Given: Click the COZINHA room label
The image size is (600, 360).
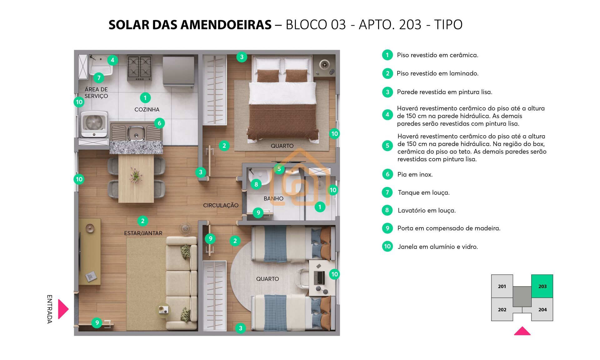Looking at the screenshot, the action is [147, 109].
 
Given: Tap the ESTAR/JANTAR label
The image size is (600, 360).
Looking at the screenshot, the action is [143, 233].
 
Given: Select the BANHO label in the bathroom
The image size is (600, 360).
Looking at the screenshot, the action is [273, 198].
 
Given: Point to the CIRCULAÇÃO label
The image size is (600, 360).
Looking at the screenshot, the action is [221, 205].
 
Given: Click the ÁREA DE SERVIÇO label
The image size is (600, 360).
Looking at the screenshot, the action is [96, 93].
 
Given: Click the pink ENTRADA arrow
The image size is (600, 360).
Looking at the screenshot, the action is [63, 309].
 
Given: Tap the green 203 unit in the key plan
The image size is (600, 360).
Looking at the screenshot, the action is [542, 286].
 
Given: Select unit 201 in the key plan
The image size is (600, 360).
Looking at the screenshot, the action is [502, 286].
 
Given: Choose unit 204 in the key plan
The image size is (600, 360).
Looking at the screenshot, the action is [542, 309].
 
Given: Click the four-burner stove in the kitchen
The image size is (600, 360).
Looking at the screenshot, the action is [139, 68].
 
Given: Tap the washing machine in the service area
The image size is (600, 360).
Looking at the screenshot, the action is [94, 124].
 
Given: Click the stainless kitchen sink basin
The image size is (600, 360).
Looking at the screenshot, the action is [136, 133].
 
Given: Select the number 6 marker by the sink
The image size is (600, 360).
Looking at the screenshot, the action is [159, 123].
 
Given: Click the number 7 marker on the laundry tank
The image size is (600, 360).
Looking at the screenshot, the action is [99, 77].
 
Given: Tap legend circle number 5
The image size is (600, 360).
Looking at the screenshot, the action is [387, 146].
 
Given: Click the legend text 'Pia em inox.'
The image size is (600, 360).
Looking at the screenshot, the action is [415, 174].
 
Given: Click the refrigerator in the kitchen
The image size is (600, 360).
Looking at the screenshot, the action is [178, 70].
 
